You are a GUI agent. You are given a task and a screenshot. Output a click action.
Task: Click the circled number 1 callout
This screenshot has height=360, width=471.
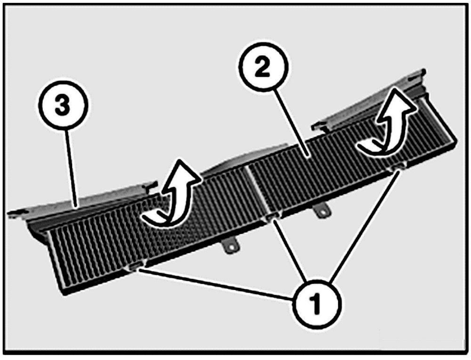317,303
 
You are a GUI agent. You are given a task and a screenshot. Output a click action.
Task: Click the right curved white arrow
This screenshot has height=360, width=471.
388,127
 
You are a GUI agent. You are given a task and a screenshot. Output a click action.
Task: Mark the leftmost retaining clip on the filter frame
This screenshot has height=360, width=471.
135,267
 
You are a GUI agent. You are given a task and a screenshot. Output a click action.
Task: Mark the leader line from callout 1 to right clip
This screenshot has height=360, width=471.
365,226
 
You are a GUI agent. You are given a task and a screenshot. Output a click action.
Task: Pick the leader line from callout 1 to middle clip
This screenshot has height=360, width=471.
292,252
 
